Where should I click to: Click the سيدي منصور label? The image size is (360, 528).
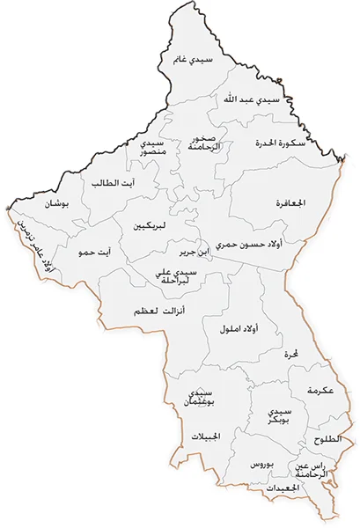tap(152, 148)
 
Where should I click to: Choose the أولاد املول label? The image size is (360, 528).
tap(238, 328)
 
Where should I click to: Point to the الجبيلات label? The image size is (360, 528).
tap(209, 436)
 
